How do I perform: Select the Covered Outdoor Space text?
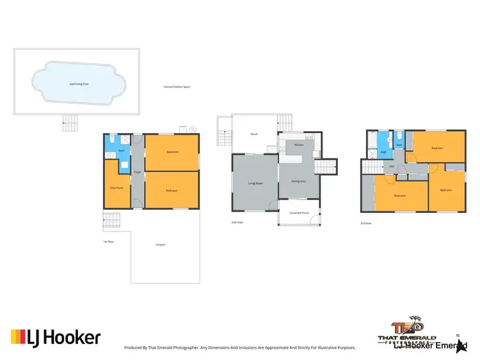177,87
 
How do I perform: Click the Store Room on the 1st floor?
116,187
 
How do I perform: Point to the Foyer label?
137,173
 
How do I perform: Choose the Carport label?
160,244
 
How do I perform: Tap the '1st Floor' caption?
109,242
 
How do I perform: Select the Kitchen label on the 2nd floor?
298,145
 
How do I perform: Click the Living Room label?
255,184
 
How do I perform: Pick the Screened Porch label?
299,212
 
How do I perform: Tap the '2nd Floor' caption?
237,223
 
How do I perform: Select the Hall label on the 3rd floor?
391,167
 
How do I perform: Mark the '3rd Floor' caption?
366,223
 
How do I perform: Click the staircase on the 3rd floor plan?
372,167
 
